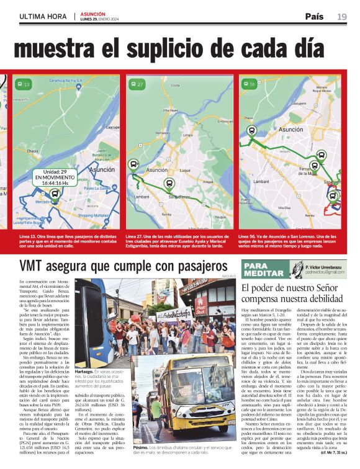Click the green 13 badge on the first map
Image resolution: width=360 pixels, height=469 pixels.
tap(24, 84)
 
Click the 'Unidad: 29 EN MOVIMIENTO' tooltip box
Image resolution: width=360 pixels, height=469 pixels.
tap(55, 177)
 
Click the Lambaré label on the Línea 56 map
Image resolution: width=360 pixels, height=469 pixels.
tap(261, 182)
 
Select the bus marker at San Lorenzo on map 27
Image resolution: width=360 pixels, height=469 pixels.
tap(169, 184)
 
